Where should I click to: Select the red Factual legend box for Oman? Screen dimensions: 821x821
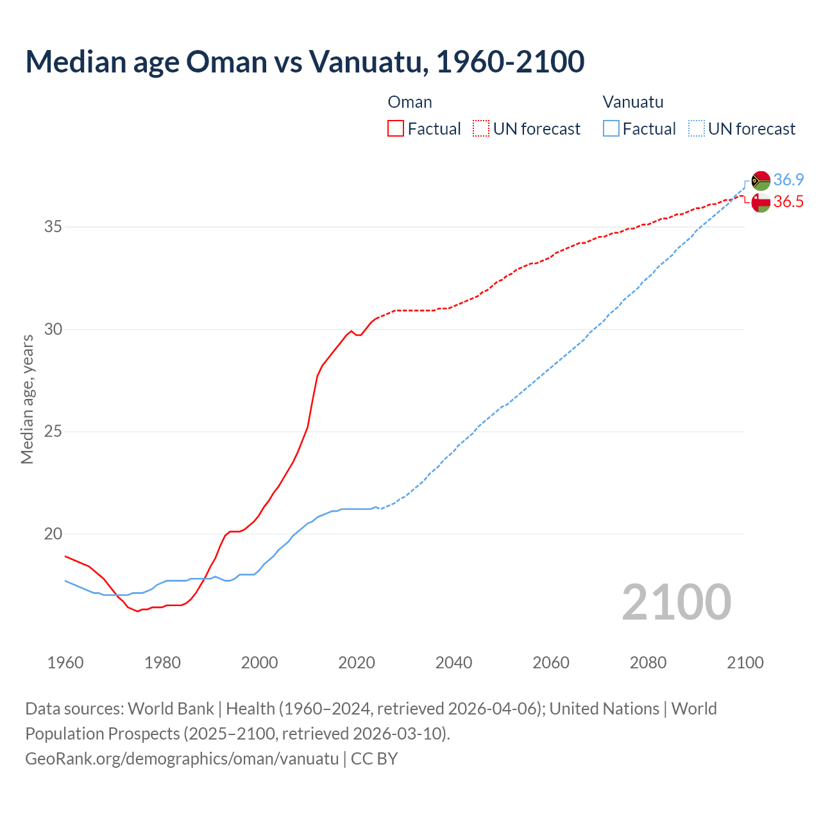coord(396,129)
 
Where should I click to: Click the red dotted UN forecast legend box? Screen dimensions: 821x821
coord(481,129)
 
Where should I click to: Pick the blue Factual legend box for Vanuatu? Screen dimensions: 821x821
coord(611,129)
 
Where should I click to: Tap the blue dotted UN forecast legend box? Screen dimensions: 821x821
coord(696,129)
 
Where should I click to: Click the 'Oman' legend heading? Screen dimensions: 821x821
coord(410,102)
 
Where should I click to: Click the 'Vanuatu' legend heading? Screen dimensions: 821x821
coord(632,102)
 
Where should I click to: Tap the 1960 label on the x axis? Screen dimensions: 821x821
coord(65,663)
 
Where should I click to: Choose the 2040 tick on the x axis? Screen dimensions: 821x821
coord(453,663)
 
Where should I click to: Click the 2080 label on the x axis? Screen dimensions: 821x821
coord(648,663)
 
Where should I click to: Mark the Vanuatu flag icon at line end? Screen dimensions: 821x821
coord(761,181)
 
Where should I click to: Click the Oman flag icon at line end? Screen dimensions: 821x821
coord(761,203)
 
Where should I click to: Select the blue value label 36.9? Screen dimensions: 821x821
coord(788,180)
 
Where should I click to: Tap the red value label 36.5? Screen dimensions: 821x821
coord(788,202)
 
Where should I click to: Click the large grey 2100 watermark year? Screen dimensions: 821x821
coord(676,602)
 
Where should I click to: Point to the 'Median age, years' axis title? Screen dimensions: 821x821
coord(27,399)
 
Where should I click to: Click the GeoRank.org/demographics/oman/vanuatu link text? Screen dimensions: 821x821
coord(182,759)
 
